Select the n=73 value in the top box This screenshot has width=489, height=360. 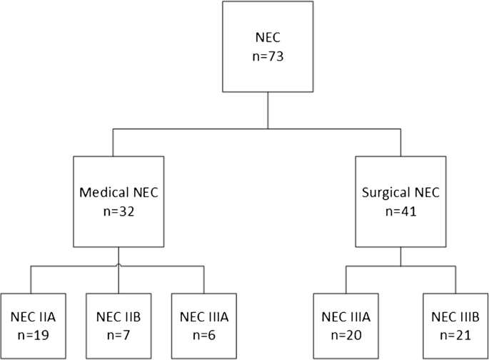coord(268,58)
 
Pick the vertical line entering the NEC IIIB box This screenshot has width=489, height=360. coord(453,279)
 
